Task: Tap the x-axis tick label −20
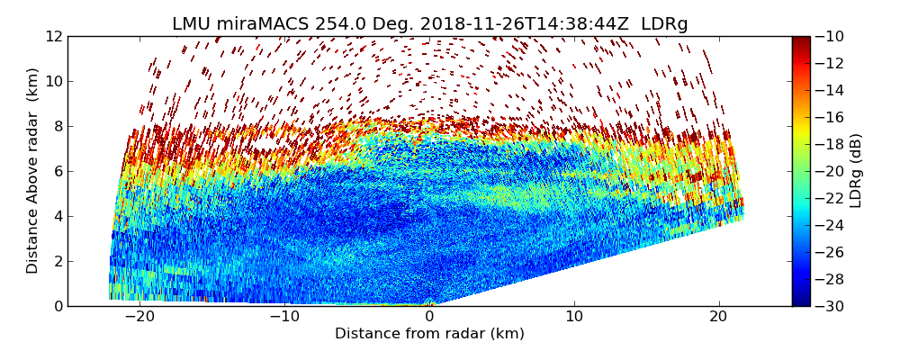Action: tap(139, 317)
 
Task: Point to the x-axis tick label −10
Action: tap(284, 317)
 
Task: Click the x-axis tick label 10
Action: tap(574, 317)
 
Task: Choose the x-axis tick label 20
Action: tap(719, 317)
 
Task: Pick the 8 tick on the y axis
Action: tap(57, 126)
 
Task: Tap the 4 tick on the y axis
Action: tap(57, 216)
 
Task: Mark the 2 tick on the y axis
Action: tap(57, 261)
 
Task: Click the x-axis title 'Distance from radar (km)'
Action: tap(429, 334)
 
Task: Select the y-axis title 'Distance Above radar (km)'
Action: tap(33, 171)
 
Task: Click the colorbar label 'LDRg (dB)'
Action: tap(856, 171)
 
